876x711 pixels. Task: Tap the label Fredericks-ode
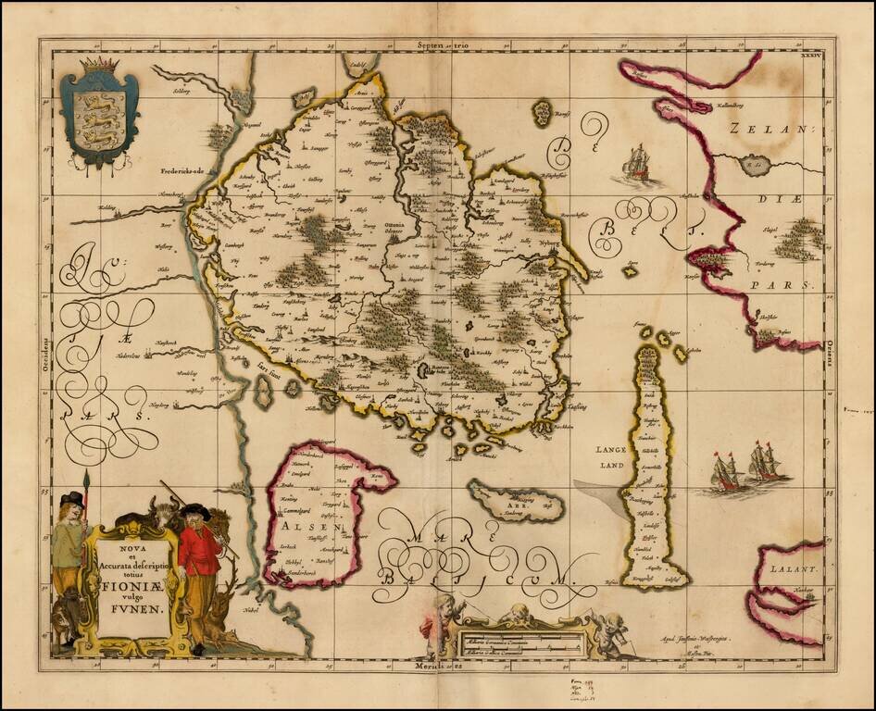186,171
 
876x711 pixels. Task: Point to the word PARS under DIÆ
792,286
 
